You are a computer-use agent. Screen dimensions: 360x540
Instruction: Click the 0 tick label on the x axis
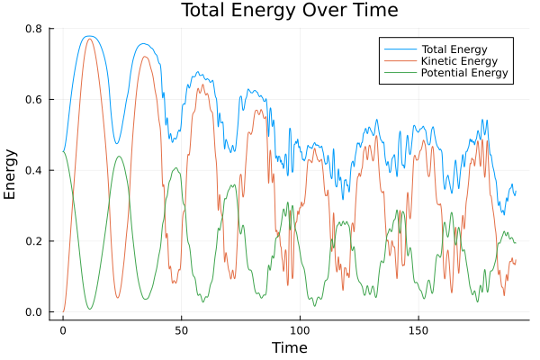(x=63, y=330)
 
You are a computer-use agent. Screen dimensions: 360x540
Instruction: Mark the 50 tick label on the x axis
(x=181, y=330)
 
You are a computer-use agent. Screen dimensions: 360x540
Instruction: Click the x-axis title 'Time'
(x=290, y=347)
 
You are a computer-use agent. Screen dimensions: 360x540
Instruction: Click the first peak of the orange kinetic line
(x=88, y=39)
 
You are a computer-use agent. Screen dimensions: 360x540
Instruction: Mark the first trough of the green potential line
(x=89, y=310)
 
